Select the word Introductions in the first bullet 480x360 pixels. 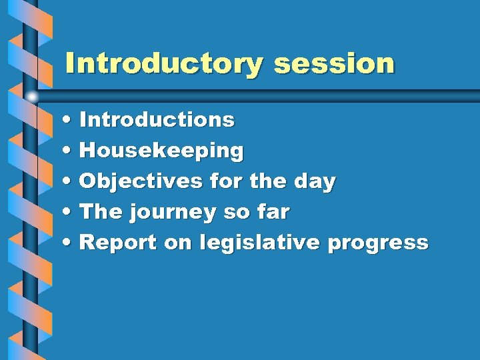click(157, 120)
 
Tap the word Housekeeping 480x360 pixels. click(161, 151)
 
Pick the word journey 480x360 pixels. click(172, 213)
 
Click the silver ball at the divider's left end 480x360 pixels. click(32, 96)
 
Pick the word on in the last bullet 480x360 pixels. click(177, 243)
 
